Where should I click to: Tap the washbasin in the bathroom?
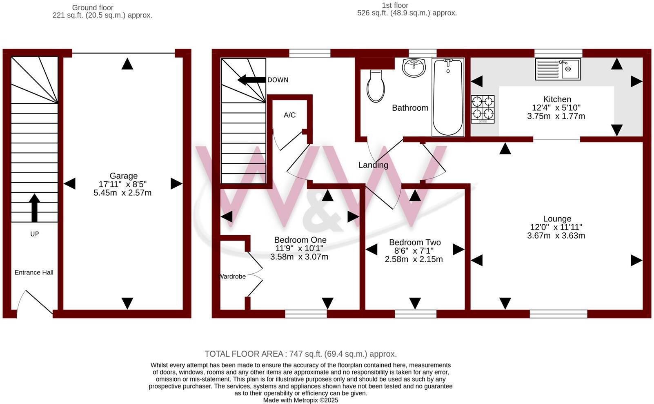(x=414, y=67)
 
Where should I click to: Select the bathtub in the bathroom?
(x=448, y=97)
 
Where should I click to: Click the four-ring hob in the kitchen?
(x=483, y=109)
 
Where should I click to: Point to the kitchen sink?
(x=558, y=69)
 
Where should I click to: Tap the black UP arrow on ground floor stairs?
(x=35, y=208)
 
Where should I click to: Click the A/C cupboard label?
(x=289, y=115)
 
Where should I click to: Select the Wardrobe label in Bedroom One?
(x=233, y=277)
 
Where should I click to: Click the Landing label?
(x=373, y=165)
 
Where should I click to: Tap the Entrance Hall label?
(x=34, y=272)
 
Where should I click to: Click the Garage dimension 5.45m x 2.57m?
(x=122, y=193)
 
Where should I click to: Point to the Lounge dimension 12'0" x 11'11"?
(x=556, y=227)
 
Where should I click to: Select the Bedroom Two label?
(x=415, y=242)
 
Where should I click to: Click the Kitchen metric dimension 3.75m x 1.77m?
(x=556, y=116)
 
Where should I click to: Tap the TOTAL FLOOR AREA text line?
(x=300, y=354)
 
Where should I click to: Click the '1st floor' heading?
(x=395, y=5)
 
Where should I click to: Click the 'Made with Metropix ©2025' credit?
(x=300, y=400)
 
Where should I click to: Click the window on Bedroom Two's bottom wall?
(x=415, y=314)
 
